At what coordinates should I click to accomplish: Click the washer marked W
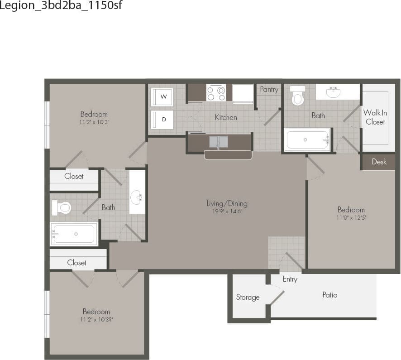coord(162,96)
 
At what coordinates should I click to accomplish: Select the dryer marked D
coord(162,119)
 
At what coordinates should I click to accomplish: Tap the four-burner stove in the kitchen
coord(216,93)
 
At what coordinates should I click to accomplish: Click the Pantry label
coord(269,90)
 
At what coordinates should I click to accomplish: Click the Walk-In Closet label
coord(375,117)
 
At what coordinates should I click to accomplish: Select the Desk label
coord(379,162)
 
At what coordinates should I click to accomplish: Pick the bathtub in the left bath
coord(74,234)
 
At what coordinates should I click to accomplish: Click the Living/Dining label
coord(227,203)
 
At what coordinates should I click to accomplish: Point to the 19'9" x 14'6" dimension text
coord(227,211)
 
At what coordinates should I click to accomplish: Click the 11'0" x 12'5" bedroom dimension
coord(351,218)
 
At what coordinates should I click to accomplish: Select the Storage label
coord(248,298)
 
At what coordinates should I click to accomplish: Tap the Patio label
coord(329,295)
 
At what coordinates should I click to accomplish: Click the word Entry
coord(290,279)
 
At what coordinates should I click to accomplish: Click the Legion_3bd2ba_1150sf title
coord(61,6)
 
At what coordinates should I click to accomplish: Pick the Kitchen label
coord(226,117)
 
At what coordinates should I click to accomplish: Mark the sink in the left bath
coord(137,197)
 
